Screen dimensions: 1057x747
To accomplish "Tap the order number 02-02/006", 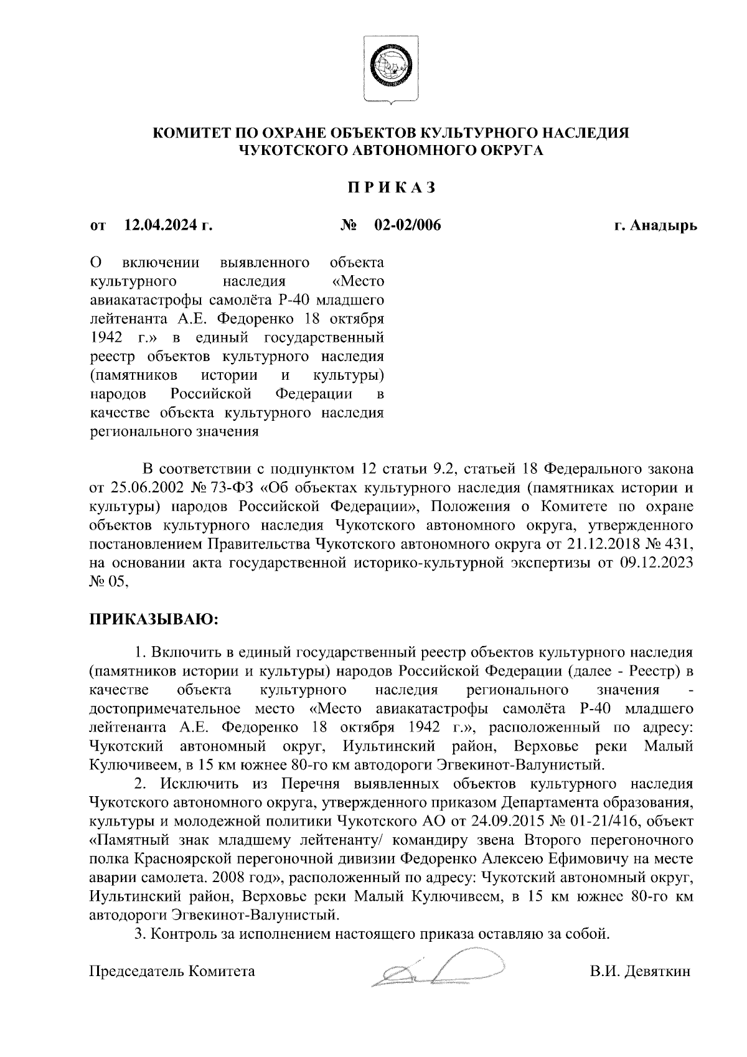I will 407,225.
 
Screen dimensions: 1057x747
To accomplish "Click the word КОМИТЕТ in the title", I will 190,133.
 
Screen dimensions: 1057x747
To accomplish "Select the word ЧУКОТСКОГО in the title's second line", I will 294,150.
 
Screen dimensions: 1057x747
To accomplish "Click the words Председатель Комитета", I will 172,971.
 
